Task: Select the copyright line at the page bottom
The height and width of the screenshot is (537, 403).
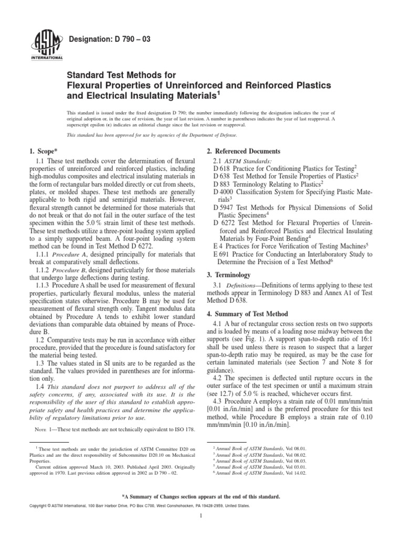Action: pyautogui.click(x=137, y=506)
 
